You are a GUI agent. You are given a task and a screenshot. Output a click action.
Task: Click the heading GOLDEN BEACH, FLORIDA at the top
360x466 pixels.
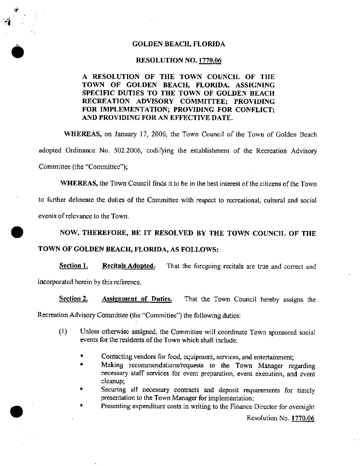point(178,44)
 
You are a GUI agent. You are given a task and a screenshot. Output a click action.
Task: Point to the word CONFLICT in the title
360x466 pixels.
point(255,110)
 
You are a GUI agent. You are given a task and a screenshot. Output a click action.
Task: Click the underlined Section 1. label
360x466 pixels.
point(73,266)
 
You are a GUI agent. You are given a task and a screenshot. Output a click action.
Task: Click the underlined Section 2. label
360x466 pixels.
point(73,299)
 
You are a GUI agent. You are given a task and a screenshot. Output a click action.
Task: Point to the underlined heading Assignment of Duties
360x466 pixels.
point(137,299)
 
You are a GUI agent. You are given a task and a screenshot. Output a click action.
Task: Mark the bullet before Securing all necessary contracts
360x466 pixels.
point(81,390)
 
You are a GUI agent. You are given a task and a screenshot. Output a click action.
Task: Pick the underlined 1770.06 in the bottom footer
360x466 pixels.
point(302,418)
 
